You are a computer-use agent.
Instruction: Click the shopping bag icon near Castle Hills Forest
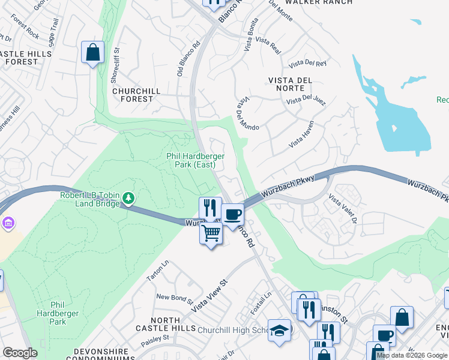[92, 52]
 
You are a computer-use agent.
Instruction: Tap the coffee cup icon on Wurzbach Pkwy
[232, 214]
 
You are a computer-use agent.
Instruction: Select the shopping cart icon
[211, 233]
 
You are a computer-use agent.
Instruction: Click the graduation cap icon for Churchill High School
[279, 331]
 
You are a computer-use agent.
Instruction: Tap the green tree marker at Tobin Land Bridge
[128, 197]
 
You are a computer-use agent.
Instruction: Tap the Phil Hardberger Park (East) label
[195, 160]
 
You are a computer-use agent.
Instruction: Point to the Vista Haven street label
[301, 139]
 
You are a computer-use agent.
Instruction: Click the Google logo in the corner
[20, 353]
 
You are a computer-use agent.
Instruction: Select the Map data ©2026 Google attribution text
[412, 355]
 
